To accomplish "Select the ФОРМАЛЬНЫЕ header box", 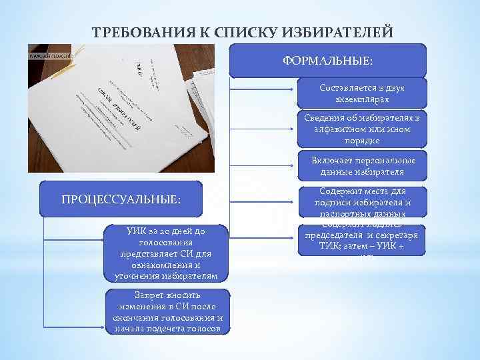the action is pos(327,61).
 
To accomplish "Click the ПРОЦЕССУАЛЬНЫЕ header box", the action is pos(121,199).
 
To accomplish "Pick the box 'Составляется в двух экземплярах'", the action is pos(362,93).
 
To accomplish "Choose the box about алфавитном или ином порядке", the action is pos(362,129).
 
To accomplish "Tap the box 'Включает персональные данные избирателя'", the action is pos(362,166).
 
